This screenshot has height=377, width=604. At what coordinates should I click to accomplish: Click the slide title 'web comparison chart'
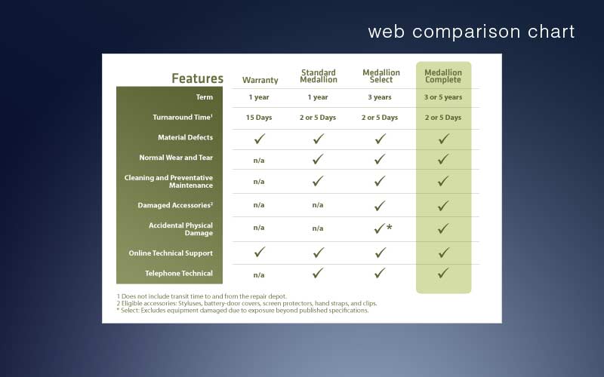(471, 32)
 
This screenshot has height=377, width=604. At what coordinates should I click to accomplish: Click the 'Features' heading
(197, 78)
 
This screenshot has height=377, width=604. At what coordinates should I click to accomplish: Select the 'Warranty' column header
(260, 80)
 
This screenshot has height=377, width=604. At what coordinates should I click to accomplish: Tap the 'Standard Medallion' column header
(319, 76)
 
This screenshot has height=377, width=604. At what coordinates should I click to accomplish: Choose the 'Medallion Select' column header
(381, 76)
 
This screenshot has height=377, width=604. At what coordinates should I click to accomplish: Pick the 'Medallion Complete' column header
(443, 76)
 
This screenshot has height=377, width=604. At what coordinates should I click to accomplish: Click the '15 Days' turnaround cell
(259, 118)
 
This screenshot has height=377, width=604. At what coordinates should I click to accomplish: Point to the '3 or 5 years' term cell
(443, 97)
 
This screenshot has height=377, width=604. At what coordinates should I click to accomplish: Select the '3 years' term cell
(380, 97)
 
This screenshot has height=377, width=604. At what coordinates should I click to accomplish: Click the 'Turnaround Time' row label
(183, 118)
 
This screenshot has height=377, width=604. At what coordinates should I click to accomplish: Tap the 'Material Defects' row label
(185, 137)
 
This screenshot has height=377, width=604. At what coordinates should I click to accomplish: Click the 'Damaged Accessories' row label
(175, 205)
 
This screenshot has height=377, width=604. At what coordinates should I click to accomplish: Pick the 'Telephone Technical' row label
(179, 273)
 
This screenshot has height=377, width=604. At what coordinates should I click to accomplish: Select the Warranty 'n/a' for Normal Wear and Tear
(259, 161)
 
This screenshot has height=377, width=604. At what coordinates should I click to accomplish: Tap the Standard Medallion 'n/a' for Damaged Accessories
(318, 205)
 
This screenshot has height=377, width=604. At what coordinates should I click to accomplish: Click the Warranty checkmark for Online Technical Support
(260, 252)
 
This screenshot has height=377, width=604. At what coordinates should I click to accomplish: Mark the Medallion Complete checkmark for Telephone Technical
(443, 273)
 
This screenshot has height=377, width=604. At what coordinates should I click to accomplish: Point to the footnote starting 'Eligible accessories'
(247, 303)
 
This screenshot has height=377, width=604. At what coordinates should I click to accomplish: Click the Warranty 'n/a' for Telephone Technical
(259, 275)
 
